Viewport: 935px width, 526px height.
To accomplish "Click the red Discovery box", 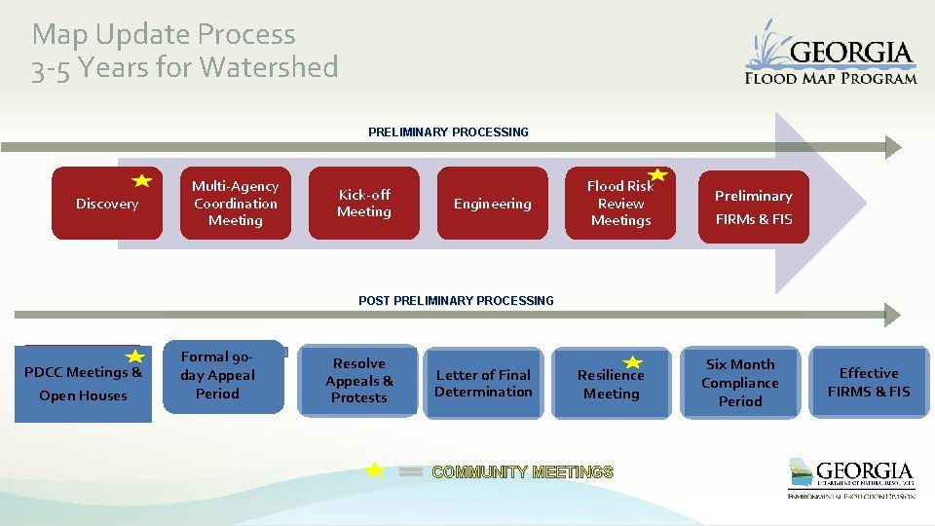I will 106,204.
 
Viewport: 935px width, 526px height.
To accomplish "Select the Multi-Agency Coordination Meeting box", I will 235,204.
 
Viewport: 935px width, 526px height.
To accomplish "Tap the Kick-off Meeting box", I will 363,204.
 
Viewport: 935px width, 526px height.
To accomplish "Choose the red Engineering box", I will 492,204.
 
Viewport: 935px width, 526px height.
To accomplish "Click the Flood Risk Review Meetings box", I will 620,204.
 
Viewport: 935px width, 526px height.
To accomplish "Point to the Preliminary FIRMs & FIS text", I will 754,207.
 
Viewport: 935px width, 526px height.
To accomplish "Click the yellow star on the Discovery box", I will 142,180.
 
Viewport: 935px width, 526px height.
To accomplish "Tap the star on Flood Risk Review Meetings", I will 658,175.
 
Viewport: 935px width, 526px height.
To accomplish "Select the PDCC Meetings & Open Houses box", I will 83,384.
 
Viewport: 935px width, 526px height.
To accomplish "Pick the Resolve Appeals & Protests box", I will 358,381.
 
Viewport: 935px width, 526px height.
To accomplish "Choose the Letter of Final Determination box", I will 484,383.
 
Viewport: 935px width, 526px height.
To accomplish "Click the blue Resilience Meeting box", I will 611,384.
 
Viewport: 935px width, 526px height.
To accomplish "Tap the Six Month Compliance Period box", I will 740,383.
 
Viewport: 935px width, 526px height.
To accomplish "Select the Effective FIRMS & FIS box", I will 869,383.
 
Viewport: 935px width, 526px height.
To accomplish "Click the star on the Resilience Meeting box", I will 633,362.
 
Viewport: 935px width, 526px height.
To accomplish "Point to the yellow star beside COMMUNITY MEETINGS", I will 374,470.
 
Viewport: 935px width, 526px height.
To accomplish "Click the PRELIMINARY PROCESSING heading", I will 448,132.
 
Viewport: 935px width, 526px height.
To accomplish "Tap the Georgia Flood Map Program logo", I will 831,54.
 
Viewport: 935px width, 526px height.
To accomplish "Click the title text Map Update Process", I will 164,35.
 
